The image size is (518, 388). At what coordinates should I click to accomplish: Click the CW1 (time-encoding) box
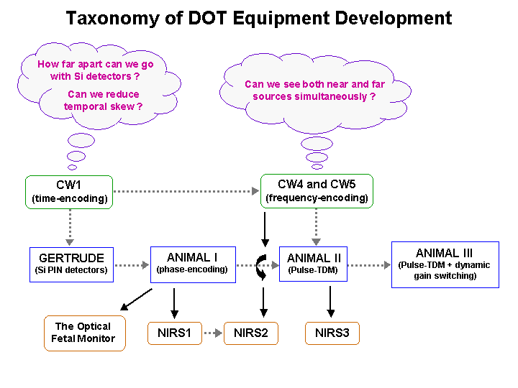pyautogui.click(x=69, y=192)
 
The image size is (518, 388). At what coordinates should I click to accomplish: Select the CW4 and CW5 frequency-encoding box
pyautogui.click(x=317, y=191)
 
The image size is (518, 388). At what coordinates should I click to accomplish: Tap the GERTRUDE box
pyautogui.click(x=71, y=264)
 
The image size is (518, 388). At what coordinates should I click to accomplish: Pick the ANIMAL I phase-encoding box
pyautogui.click(x=193, y=264)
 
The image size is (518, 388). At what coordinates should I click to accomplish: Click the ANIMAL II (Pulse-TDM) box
pyautogui.click(x=313, y=264)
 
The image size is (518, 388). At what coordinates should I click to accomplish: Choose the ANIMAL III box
pyautogui.click(x=445, y=264)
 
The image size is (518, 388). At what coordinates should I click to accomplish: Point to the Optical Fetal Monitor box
pyautogui.click(x=85, y=333)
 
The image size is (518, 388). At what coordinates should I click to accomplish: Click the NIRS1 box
pyautogui.click(x=174, y=333)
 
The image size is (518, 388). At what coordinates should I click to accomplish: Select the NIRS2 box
pyautogui.click(x=251, y=333)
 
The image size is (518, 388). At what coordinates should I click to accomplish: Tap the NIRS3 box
pyautogui.click(x=332, y=333)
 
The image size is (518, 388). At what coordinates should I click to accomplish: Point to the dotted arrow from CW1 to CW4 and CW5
pyautogui.click(x=186, y=191)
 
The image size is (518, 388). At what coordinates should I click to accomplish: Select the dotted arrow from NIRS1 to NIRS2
pyautogui.click(x=213, y=333)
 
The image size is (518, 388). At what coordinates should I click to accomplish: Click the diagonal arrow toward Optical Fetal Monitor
pyautogui.click(x=136, y=300)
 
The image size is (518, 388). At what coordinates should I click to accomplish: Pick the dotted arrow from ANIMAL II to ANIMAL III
pyautogui.click(x=369, y=265)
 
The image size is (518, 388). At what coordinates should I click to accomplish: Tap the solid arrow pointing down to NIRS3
pyautogui.click(x=330, y=302)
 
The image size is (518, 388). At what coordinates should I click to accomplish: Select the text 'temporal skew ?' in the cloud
pyautogui.click(x=103, y=106)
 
